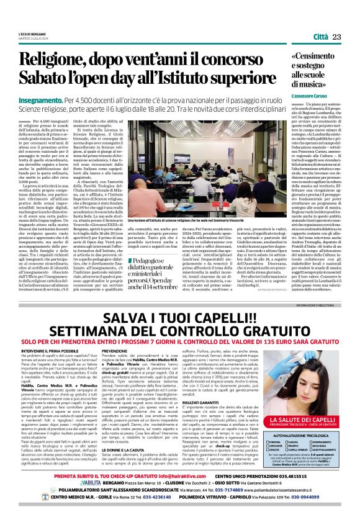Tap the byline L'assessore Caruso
tap(305, 97)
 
